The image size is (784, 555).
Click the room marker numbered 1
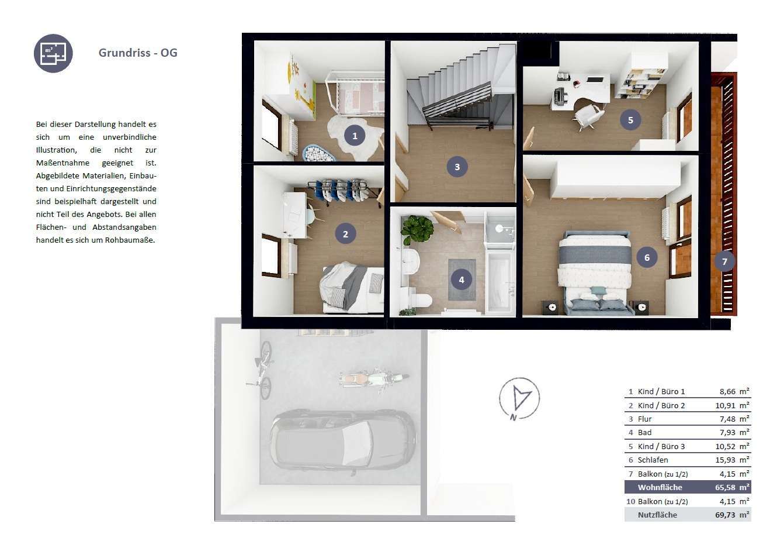[x=355, y=136]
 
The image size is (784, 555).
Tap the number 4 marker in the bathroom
[x=462, y=280]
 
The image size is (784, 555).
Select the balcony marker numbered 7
[x=724, y=261]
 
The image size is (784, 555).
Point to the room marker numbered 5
[x=630, y=120]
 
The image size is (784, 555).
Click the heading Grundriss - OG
[x=138, y=53]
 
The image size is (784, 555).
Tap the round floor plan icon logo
[x=53, y=53]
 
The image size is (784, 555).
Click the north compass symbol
[x=519, y=399]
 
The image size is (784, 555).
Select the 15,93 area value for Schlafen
[x=725, y=460]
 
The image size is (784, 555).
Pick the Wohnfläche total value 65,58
[x=725, y=487]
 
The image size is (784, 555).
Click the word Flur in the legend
[x=645, y=419]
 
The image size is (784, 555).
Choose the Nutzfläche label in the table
[x=657, y=515]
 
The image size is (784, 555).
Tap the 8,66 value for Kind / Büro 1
[x=727, y=391]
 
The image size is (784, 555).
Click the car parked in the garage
[x=343, y=443]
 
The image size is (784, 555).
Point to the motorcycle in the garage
[x=374, y=380]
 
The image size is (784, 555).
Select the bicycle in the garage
[x=262, y=370]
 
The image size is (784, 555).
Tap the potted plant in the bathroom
[x=417, y=229]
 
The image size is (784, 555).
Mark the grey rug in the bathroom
[x=462, y=280]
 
